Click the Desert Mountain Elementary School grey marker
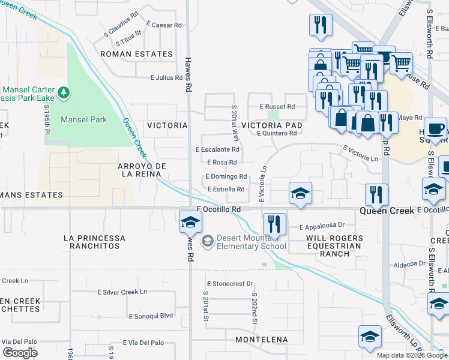207,241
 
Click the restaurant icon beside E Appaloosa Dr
274,224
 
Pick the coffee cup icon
436,128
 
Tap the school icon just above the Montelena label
370,337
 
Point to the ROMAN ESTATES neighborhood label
136,54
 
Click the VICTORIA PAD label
271,125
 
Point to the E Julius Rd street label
166,78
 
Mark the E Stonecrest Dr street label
231,283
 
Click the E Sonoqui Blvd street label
150,316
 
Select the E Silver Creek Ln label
122,292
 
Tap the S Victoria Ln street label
361,155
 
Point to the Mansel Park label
84,119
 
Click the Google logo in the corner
20,353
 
